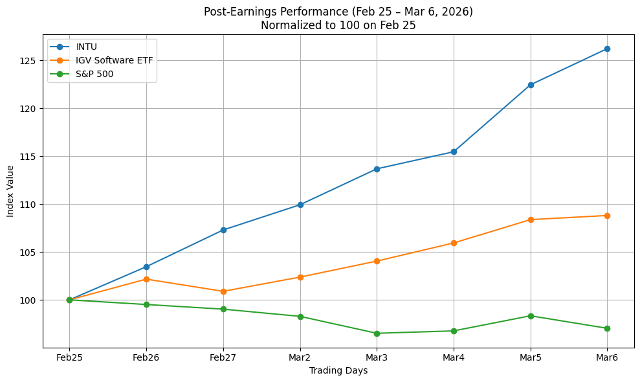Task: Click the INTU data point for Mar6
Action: (607, 49)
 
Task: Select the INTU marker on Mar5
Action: (531, 85)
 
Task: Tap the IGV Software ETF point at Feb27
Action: (223, 291)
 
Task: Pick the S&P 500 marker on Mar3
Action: (377, 333)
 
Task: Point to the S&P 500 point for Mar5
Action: (531, 316)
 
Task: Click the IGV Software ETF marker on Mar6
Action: (607, 216)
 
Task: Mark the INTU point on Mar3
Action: (377, 169)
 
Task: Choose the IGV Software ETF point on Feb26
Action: (146, 279)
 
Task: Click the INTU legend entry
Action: (87, 47)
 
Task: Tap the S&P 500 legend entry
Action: (94, 74)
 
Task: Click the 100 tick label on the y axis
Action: (31, 300)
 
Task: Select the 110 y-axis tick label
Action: (31, 205)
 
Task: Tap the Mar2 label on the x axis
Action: (300, 357)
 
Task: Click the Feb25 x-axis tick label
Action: (69, 357)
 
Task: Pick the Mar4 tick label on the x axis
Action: (454, 357)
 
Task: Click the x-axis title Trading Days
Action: (338, 371)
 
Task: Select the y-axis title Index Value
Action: (10, 191)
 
